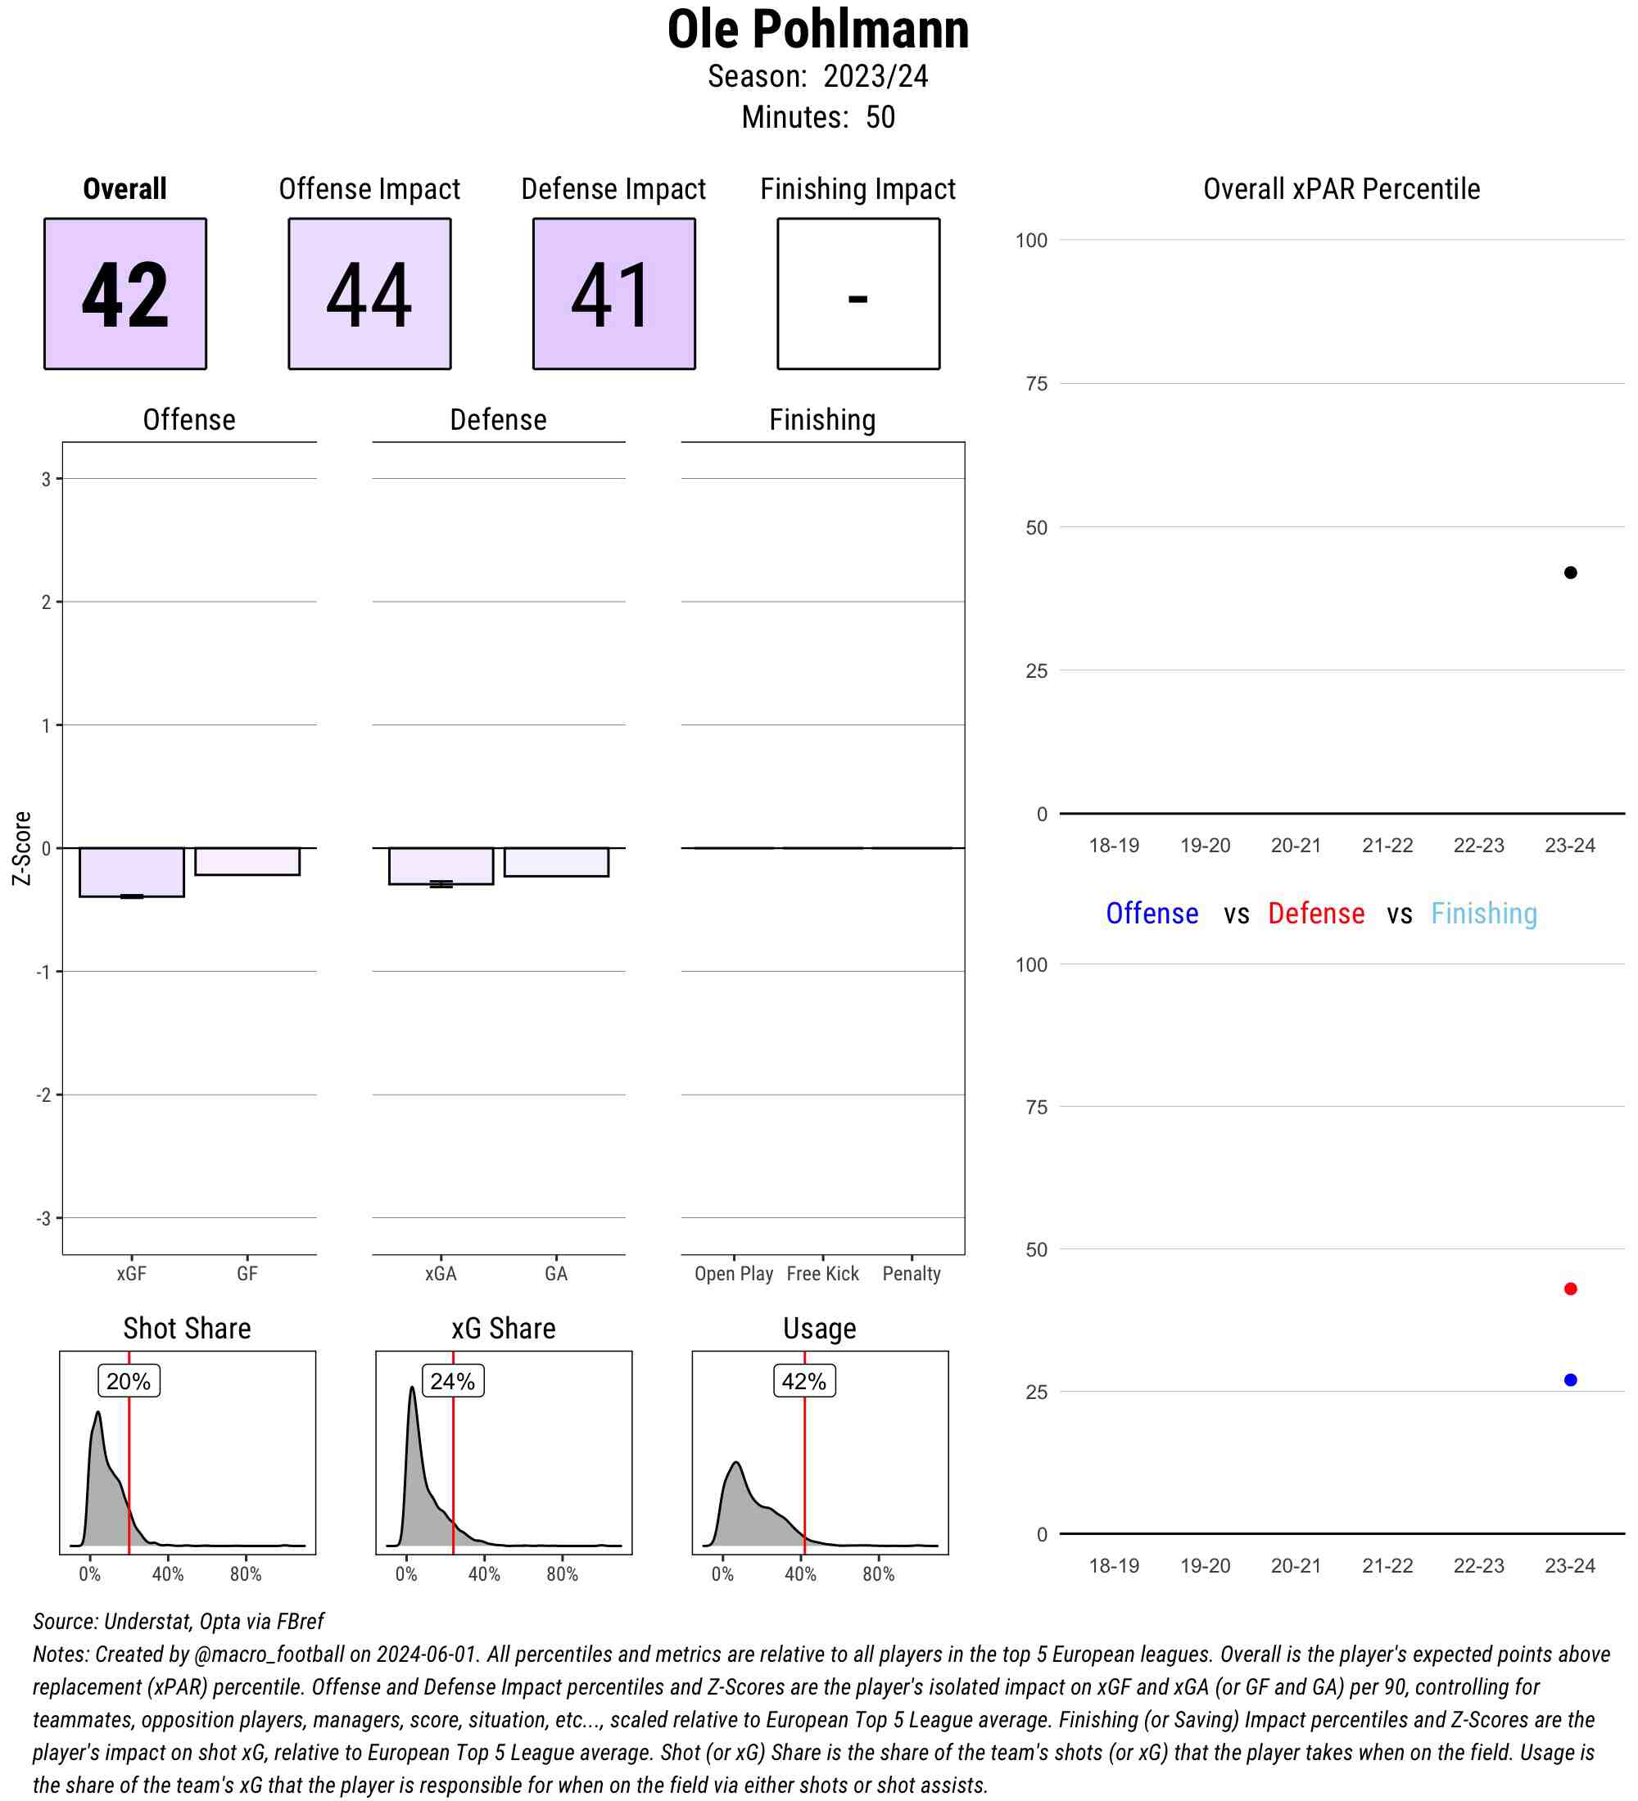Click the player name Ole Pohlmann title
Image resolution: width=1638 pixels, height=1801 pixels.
click(x=817, y=29)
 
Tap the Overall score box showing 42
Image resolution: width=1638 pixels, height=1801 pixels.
click(x=125, y=293)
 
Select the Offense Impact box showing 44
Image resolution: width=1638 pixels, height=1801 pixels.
click(x=369, y=293)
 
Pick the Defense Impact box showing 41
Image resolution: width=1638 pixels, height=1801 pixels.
click(x=614, y=293)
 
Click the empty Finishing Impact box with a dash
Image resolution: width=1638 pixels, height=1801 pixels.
click(x=857, y=293)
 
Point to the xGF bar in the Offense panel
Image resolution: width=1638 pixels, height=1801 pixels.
click(x=131, y=872)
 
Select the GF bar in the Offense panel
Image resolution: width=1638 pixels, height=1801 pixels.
click(x=247, y=861)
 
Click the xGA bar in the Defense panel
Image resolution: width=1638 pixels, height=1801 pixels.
click(x=441, y=865)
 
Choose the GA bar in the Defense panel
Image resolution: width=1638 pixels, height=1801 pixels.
click(x=556, y=862)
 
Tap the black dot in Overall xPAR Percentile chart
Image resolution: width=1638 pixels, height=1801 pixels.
click(x=1570, y=573)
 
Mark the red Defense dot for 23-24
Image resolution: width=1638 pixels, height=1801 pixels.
click(x=1570, y=1289)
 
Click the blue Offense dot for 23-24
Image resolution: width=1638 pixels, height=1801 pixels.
click(x=1570, y=1380)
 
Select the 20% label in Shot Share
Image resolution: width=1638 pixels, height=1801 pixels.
click(x=129, y=1381)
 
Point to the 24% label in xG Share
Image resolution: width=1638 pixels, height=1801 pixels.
click(x=452, y=1381)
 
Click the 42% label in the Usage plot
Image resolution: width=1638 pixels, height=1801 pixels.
click(x=804, y=1381)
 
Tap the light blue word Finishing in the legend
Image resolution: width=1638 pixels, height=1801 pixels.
click(x=1483, y=913)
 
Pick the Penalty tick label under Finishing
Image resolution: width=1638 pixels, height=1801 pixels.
click(x=912, y=1274)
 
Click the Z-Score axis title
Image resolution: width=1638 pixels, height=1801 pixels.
click(x=21, y=848)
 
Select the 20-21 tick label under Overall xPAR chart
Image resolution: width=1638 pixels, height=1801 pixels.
click(x=1296, y=845)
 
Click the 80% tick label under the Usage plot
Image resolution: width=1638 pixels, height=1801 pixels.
click(x=879, y=1574)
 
